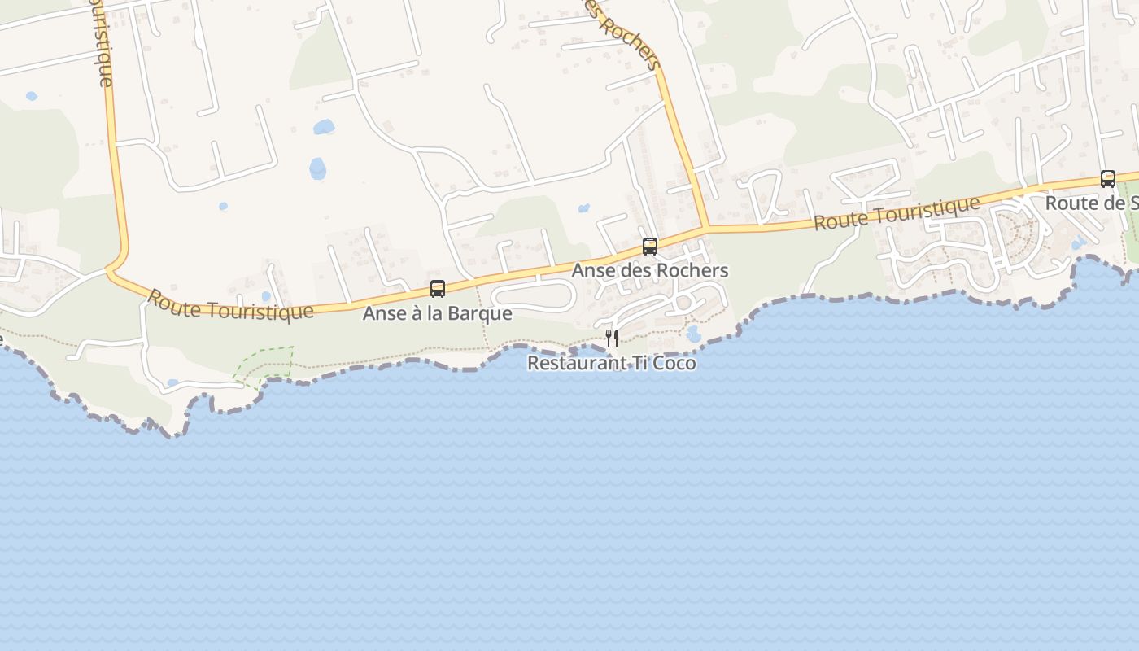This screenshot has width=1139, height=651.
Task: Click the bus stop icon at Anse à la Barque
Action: [438, 289]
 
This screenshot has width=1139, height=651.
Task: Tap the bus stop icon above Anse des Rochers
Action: [649, 246]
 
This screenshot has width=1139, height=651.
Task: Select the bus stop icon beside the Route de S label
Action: [1107, 179]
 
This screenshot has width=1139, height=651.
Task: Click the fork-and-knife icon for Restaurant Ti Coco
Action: [612, 338]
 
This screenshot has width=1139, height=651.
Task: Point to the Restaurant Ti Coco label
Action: [612, 363]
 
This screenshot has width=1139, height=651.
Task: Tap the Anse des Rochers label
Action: [649, 270]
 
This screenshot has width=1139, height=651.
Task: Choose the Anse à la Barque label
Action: [438, 313]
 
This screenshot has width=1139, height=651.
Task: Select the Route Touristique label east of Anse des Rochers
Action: [897, 213]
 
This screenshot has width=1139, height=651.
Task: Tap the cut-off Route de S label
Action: [1091, 203]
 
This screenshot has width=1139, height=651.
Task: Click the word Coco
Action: [674, 363]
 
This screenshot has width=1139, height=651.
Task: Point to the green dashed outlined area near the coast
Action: [265, 365]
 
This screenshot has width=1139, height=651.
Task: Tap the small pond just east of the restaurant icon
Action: [693, 334]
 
